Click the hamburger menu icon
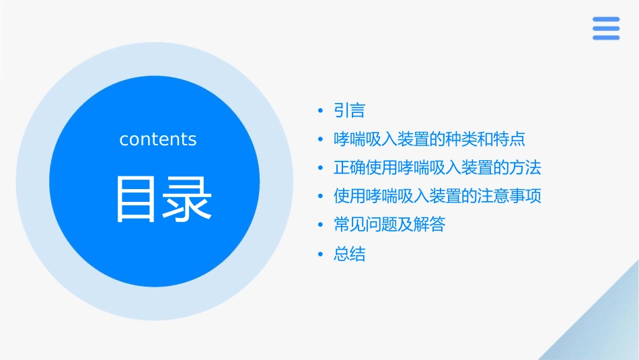(x=605, y=28)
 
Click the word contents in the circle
(x=158, y=139)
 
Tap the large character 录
(x=187, y=199)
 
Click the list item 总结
(x=349, y=254)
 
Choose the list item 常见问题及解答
(x=389, y=225)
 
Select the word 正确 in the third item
(x=349, y=168)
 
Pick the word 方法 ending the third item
(x=525, y=168)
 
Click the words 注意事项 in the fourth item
(x=509, y=196)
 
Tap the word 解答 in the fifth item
(x=429, y=225)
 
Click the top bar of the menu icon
(x=605, y=20)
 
